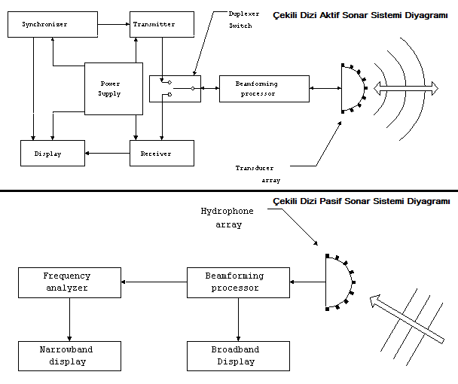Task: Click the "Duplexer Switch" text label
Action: [244, 20]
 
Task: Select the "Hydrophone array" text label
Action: [227, 218]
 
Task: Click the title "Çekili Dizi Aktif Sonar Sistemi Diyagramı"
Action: [360, 15]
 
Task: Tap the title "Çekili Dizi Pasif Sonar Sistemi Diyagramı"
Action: [362, 201]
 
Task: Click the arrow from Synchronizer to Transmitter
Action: [114, 25]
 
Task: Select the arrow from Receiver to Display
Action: [107, 154]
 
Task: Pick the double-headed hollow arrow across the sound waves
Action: [406, 88]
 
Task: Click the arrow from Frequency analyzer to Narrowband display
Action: [69, 319]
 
